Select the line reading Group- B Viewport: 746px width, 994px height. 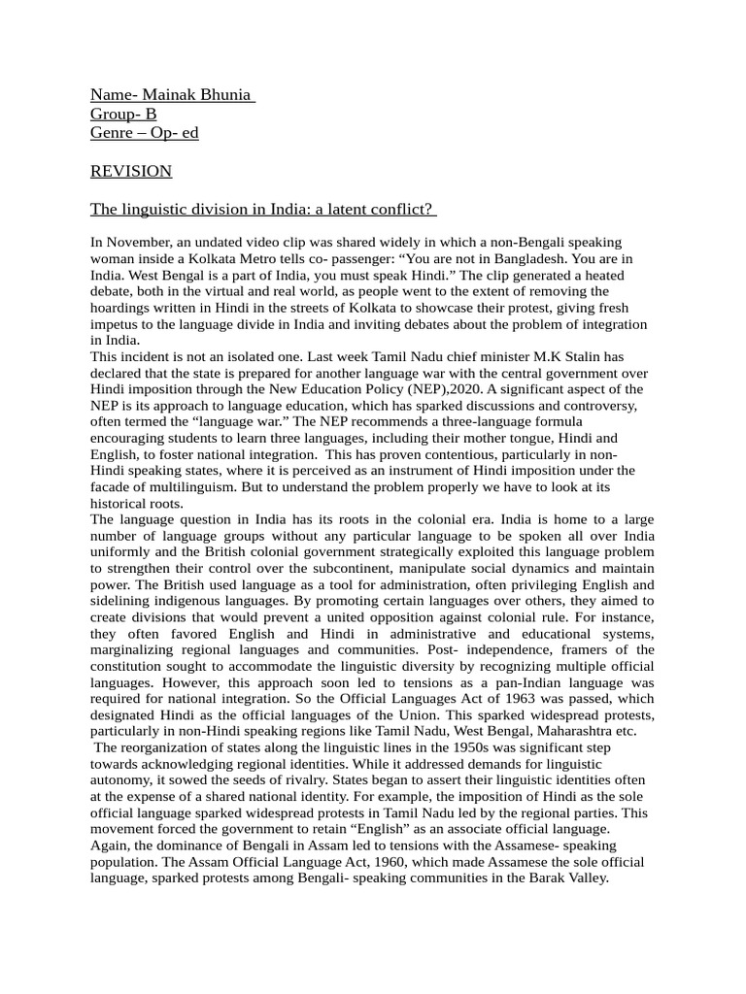123,114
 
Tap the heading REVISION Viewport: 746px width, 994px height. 131,171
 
